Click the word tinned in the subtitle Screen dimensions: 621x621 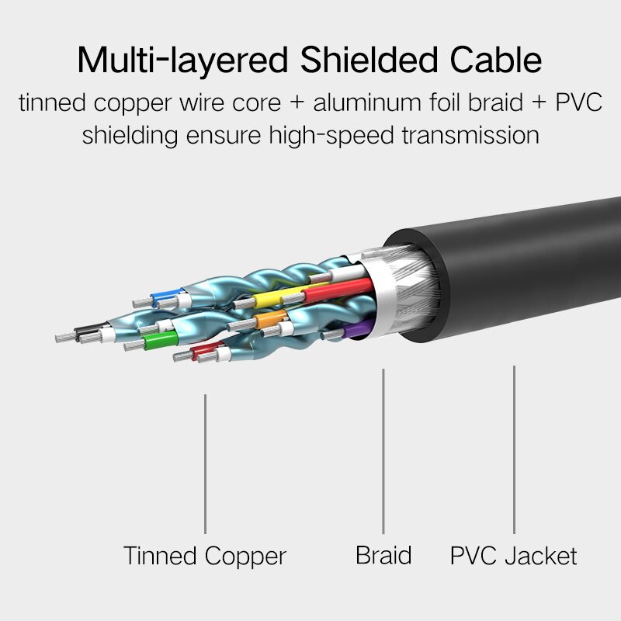click(x=53, y=103)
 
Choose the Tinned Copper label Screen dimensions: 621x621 click(x=205, y=556)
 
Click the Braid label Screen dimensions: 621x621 click(x=383, y=555)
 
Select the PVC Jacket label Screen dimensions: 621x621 click(x=514, y=556)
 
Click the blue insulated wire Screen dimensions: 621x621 click(x=165, y=296)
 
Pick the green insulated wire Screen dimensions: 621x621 click(x=161, y=340)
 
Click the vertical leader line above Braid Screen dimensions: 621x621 click(x=383, y=450)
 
